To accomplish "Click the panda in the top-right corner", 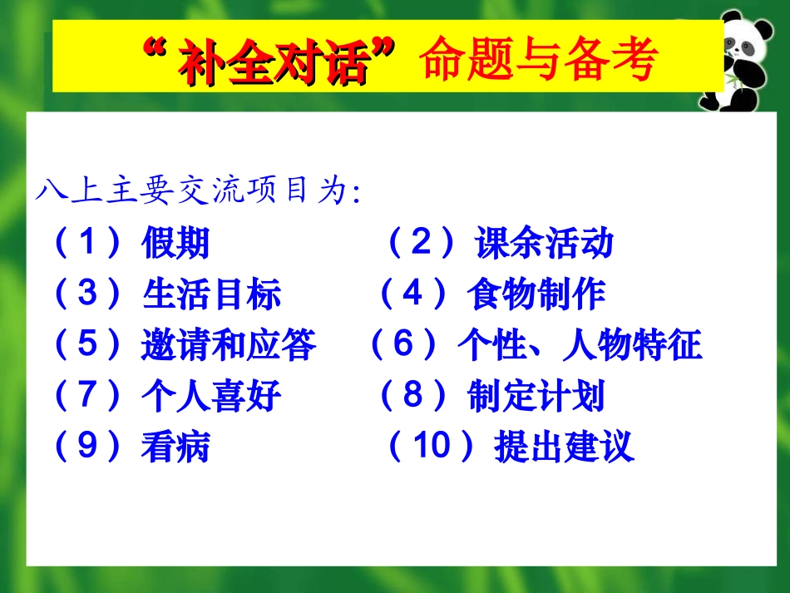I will point(742,60).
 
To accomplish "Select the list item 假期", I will point(175,245).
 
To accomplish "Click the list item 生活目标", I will point(211,295).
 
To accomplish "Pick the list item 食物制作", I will point(536,294).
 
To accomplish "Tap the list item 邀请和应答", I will point(229,346).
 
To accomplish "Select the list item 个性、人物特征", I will point(580,345).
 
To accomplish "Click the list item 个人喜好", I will point(211,398).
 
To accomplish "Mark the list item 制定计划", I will point(536,397).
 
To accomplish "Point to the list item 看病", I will point(175,448).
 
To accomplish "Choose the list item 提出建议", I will point(563,447).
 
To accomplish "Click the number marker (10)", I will point(432,447).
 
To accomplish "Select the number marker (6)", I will point(402,345).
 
